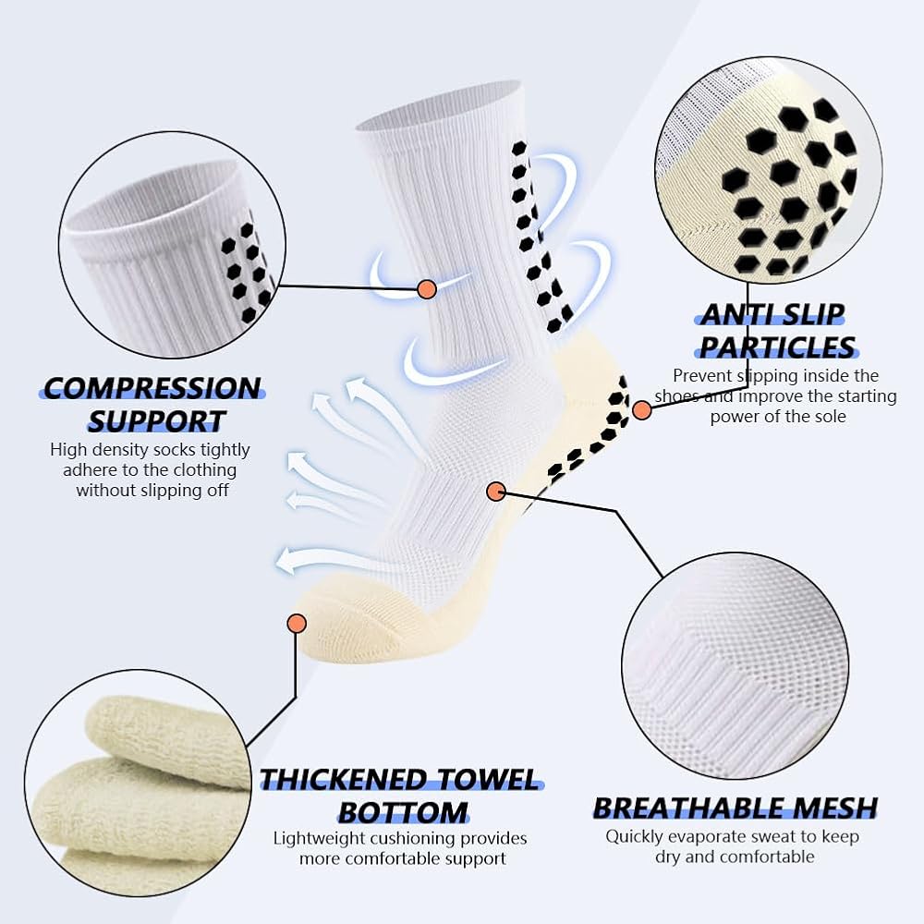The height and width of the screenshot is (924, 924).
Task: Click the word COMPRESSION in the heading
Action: (152, 388)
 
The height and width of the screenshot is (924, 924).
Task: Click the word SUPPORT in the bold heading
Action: (157, 420)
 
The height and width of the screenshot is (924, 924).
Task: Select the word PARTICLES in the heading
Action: (777, 347)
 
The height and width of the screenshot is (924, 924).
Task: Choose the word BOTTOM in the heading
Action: (403, 812)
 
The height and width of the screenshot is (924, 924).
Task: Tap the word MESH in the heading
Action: (833, 808)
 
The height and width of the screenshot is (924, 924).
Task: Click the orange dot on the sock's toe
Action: (297, 623)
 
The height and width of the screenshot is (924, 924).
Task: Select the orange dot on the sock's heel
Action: (642, 410)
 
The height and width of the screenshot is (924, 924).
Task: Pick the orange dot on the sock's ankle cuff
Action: (427, 288)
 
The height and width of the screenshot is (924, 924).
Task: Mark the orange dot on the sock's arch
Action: (496, 491)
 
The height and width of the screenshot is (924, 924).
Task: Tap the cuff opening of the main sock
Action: (439, 106)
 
